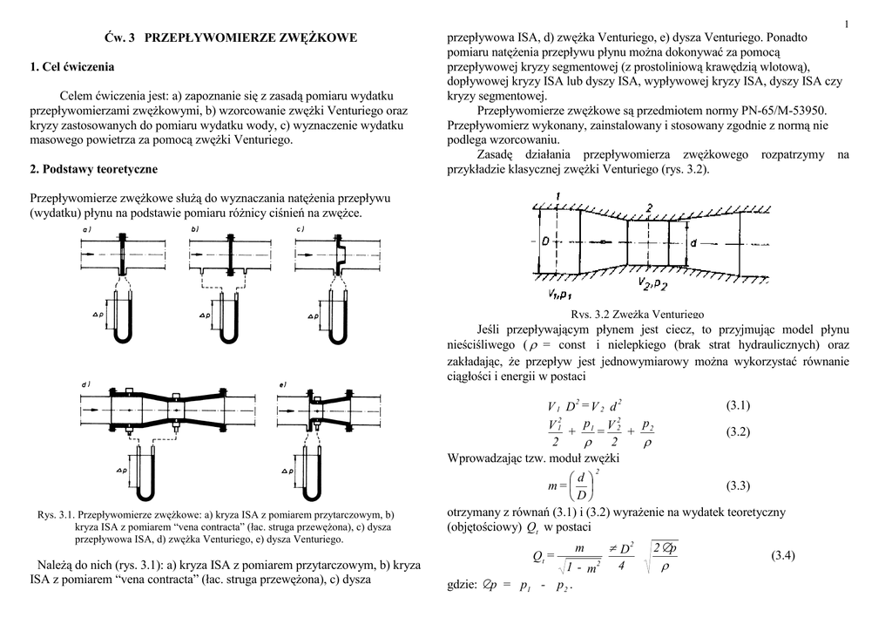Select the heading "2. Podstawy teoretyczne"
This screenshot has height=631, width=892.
point(92,169)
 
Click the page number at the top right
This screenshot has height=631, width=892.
point(847,23)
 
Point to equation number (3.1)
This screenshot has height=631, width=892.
point(737,405)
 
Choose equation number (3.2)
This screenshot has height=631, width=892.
point(737,433)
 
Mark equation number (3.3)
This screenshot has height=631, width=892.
point(737,485)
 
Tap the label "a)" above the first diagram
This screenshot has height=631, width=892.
point(87,229)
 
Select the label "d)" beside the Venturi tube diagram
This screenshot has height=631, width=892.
point(87,384)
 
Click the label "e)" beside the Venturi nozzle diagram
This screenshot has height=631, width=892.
point(283,384)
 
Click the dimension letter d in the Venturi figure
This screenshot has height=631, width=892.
point(694,243)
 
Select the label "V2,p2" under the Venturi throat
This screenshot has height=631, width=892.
point(652,285)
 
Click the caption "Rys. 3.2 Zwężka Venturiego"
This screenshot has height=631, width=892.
point(637,314)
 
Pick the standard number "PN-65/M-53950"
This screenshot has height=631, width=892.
point(781,112)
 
